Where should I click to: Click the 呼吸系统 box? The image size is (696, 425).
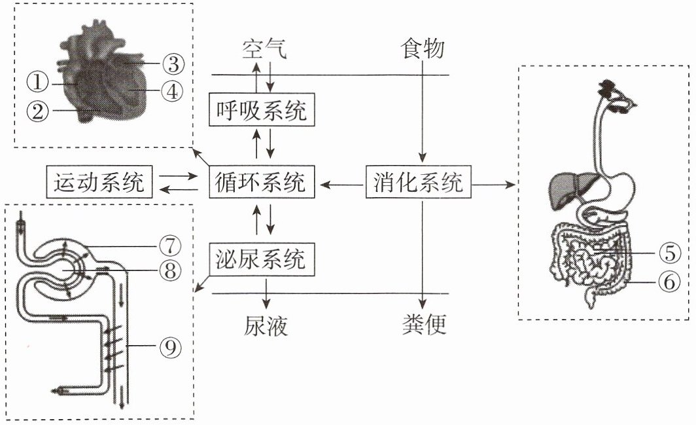tap(262, 110)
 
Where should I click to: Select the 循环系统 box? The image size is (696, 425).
tap(262, 182)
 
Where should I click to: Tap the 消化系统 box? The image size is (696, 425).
tap(418, 182)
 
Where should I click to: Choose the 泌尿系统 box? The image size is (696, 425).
tap(262, 259)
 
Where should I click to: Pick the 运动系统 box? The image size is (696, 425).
tap(99, 182)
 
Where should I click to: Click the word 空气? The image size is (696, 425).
tap(264, 48)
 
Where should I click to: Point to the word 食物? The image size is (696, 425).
tap(422, 48)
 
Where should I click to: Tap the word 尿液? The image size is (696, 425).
tap(266, 325)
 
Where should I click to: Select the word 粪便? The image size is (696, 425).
tap(424, 325)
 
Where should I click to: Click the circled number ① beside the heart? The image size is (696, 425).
tap(37, 83)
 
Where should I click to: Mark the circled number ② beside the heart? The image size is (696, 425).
tap(37, 110)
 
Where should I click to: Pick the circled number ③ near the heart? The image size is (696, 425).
tap(173, 64)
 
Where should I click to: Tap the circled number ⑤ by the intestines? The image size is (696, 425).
tap(670, 253)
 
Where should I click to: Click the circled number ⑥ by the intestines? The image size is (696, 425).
tap(669, 282)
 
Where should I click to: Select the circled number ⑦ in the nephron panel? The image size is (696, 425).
tap(171, 246)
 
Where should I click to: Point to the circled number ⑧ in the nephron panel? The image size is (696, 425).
tap(171, 270)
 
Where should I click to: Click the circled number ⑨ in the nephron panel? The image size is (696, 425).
tap(171, 347)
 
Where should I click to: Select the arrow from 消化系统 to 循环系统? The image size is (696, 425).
tap(341, 184)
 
